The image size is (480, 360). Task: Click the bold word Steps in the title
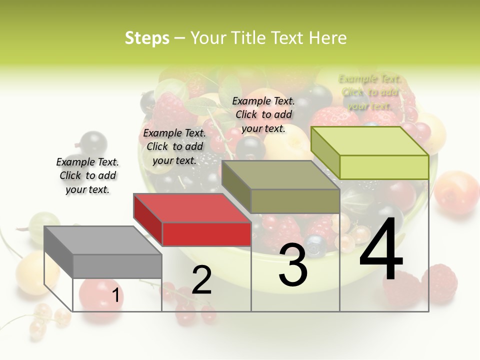pyautogui.click(x=146, y=38)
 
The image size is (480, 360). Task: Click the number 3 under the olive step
pyautogui.click(x=293, y=264)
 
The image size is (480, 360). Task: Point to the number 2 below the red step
pyautogui.click(x=201, y=280)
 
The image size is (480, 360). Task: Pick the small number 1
pyautogui.click(x=115, y=295)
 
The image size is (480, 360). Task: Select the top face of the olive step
pyautogui.click(x=280, y=175)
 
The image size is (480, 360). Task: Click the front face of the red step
pyautogui.click(x=206, y=234)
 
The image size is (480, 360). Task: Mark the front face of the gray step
pyautogui.click(x=117, y=266)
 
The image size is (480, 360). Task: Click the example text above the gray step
pyautogui.click(x=87, y=175)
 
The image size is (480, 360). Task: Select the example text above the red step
pyautogui.click(x=174, y=146)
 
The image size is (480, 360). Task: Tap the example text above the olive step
pyautogui.click(x=263, y=114)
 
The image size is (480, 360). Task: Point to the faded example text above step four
pyautogui.click(x=369, y=92)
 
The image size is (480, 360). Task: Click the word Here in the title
pyautogui.click(x=327, y=38)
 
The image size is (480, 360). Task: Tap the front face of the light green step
pyautogui.click(x=384, y=167)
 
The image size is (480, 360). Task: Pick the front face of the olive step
pyautogui.click(x=295, y=201)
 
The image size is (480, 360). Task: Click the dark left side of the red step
pyautogui.click(x=148, y=219)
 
